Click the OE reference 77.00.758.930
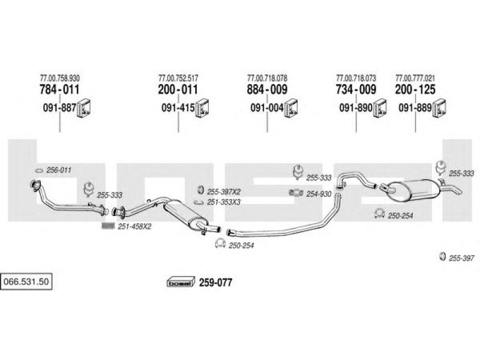pos(59,79)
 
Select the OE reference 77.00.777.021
pos(415,79)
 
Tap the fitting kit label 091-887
pos(59,109)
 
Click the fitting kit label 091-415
pos(178,109)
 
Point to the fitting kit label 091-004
pos(267,109)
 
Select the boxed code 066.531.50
pos(27,280)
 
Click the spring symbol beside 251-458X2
pos(108,226)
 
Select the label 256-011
pos(59,170)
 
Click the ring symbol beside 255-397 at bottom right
pos(443,257)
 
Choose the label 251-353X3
pos(224,202)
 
